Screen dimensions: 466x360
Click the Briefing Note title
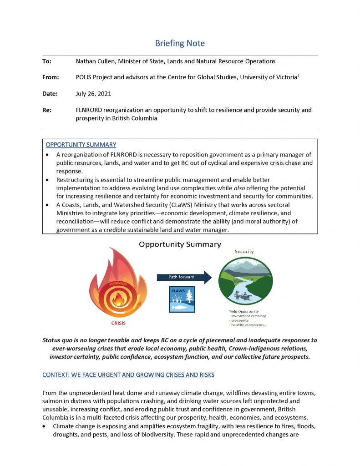180,43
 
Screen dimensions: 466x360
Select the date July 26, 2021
93,94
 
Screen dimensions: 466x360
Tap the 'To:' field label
47,61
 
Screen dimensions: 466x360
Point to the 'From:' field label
50,77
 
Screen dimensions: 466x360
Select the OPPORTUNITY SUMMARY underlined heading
81,145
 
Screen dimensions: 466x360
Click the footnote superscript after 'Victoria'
299,76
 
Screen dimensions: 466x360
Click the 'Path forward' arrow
184,277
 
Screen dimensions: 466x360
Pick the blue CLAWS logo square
182,299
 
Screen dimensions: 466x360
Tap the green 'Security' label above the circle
244,251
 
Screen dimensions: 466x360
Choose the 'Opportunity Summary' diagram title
180,244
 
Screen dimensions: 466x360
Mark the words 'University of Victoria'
268,77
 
